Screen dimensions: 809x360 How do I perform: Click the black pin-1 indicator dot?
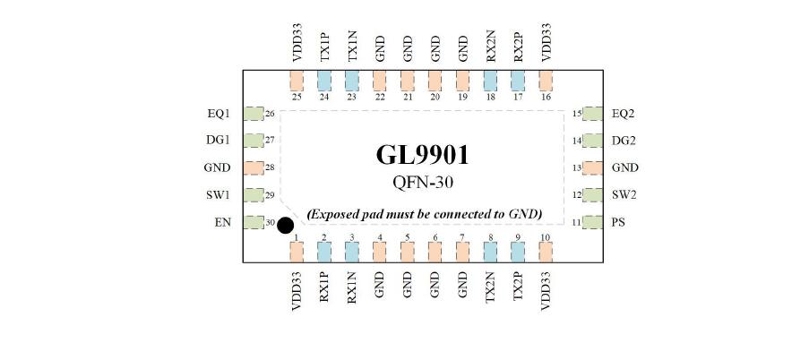point(285,226)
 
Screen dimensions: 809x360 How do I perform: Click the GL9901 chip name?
point(423,155)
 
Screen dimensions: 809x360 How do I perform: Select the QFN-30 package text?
point(423,182)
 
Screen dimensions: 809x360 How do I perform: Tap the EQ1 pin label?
point(219,114)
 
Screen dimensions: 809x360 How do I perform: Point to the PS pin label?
point(618,223)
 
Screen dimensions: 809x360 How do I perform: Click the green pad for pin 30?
point(254,222)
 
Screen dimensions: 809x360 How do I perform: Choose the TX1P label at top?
point(324,48)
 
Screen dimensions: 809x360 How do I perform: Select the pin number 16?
point(546,97)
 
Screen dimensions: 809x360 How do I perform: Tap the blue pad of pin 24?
point(324,81)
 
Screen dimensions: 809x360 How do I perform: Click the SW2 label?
point(624,195)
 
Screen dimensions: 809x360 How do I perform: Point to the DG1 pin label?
point(219,141)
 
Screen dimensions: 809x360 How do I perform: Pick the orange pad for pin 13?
point(593,167)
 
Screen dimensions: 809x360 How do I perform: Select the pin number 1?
point(297,237)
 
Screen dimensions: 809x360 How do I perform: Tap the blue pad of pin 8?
point(490,252)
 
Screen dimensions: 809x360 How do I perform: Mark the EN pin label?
point(222,223)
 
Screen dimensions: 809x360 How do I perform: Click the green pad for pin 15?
point(593,114)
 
